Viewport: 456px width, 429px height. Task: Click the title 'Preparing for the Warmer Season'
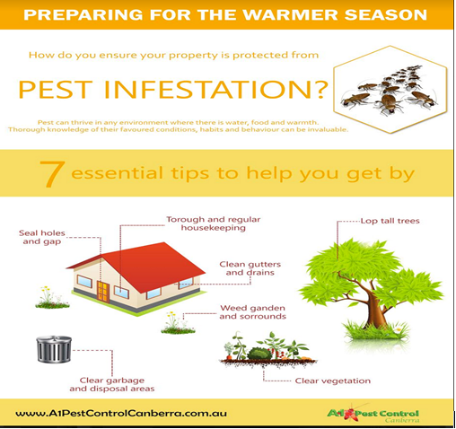coord(225,16)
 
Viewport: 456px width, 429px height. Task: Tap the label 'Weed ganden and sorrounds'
coord(249,312)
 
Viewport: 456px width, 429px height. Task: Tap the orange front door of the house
coord(104,292)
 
